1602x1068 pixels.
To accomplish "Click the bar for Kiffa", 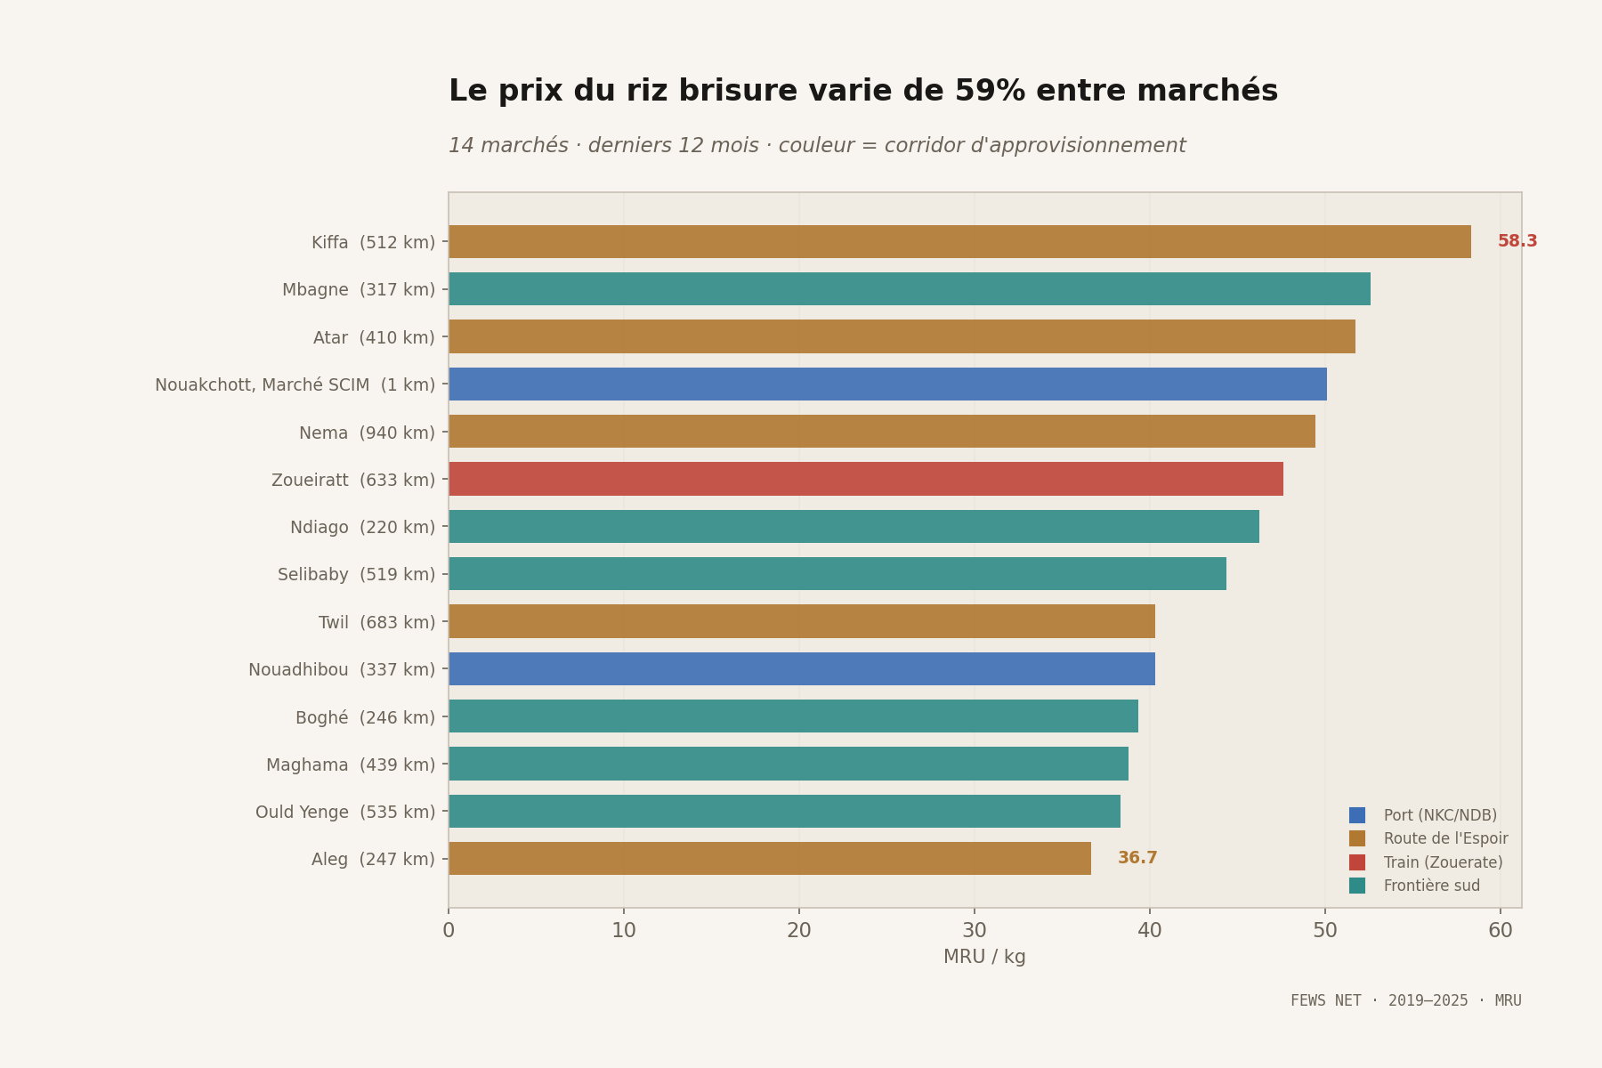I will coord(959,241).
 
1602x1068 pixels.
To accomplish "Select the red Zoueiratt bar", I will coord(865,479).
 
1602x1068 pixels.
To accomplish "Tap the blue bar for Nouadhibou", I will coord(801,668).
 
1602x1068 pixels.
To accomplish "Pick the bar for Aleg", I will coord(769,858).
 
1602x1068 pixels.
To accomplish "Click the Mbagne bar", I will coord(909,289).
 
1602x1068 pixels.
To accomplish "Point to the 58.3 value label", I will coord(1517,241).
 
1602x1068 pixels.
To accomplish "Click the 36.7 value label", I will coord(1137,858).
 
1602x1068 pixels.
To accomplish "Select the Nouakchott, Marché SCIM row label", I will coord(295,384).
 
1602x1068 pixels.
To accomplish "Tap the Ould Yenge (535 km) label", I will coord(344,812).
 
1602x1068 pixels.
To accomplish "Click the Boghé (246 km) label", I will coord(365,716).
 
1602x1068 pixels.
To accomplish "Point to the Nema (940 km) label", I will coord(367,433).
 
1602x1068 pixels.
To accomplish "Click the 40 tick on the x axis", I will coord(1149,930).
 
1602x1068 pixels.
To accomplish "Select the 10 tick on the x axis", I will coord(623,930).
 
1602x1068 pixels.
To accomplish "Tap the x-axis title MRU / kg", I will coord(984,957).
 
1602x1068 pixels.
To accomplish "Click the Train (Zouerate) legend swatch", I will coord(1356,862).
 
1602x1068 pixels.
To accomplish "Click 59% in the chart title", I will coord(990,91).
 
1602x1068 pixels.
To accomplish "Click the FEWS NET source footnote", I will coord(1405,1000).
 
